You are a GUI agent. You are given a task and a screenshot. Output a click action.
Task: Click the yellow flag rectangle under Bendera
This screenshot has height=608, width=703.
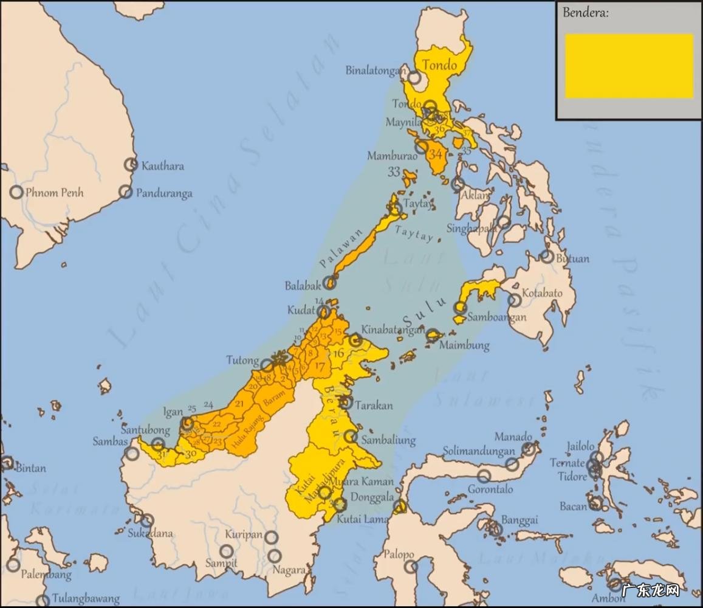[x=629, y=66]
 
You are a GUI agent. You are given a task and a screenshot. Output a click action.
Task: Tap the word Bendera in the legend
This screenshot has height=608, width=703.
[x=586, y=13]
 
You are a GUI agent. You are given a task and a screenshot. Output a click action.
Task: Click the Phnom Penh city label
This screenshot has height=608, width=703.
[x=54, y=193]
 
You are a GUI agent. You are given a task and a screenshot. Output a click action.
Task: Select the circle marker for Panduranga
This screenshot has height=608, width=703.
[x=125, y=192]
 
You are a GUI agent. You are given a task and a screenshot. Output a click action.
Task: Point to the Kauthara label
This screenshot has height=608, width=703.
[x=162, y=165]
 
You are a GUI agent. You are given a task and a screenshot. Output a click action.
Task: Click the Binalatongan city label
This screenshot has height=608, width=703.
[x=374, y=70]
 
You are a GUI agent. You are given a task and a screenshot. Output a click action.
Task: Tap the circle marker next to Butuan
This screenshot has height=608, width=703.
[x=547, y=257]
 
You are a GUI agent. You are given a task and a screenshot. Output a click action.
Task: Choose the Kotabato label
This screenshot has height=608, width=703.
[x=542, y=293]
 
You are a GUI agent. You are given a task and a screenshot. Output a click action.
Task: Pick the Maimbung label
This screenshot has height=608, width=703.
[x=464, y=345]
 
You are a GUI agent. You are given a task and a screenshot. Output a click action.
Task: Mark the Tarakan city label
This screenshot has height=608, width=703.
[x=374, y=406]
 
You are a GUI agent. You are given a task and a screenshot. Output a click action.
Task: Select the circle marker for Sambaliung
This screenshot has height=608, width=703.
[x=351, y=436]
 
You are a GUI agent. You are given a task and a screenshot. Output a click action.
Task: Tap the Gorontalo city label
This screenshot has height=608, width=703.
[x=490, y=489]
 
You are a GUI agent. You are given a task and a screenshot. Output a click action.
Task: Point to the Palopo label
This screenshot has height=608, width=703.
[x=399, y=554]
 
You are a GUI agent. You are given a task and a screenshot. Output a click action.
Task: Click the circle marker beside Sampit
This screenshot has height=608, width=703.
[x=227, y=551]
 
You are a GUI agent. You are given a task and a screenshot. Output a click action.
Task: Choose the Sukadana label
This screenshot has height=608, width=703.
[x=150, y=534]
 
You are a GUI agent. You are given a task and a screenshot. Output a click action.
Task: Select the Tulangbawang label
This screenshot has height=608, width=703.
[x=85, y=599]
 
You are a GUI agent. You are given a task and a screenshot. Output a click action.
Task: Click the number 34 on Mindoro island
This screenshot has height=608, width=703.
[x=435, y=154]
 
